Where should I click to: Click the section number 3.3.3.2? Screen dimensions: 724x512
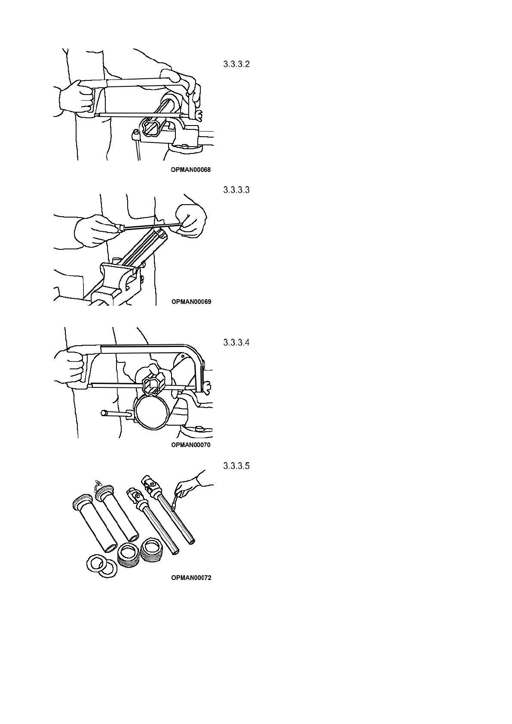pos(236,64)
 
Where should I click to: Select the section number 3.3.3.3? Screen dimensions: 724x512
pos(236,190)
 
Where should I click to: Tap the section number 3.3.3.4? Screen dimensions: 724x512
pos(236,343)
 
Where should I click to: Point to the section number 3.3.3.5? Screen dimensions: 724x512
pos(236,466)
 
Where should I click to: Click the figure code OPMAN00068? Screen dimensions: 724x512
pos(190,170)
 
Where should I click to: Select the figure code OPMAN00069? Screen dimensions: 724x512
pos(191,302)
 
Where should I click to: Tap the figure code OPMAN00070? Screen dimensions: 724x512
pos(190,445)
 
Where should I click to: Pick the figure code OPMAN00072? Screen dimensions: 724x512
pos(191,578)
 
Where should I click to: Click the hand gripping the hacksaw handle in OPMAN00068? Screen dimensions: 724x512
pos(77,98)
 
